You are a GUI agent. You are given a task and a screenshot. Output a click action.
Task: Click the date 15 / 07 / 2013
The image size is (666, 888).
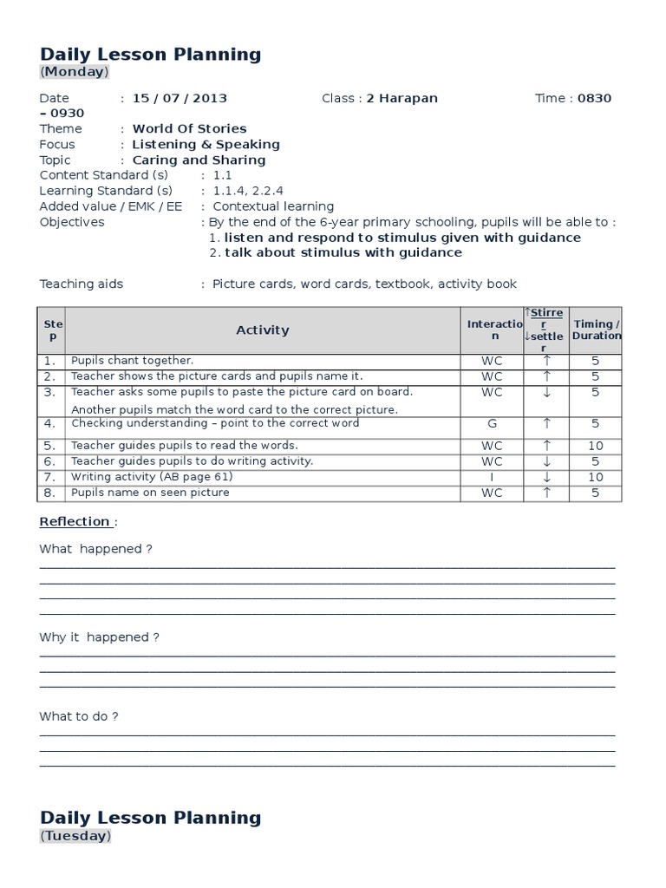180,98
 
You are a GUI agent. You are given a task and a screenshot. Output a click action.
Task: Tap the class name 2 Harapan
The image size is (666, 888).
402,98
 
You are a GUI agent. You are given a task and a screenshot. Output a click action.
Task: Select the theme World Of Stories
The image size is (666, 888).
189,128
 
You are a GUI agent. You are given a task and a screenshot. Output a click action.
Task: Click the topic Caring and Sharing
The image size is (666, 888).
199,160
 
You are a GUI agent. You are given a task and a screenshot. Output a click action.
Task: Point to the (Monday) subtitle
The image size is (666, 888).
75,72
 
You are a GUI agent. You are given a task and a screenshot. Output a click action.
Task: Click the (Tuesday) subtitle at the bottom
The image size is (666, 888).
75,836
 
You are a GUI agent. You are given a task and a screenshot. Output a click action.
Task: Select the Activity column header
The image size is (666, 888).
263,330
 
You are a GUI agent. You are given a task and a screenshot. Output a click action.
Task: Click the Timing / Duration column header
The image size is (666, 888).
597,330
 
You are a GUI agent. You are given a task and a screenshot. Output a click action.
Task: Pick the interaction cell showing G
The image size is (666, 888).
492,424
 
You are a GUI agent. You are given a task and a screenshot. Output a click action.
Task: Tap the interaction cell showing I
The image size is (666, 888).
492,477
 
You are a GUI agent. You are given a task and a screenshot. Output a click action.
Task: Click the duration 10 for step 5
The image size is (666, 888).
596,446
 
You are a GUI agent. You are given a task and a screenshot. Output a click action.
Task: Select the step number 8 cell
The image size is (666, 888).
50,493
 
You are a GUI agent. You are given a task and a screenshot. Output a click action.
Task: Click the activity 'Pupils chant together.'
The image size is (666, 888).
133,360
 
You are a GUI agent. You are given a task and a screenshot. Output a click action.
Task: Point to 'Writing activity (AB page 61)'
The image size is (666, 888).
152,477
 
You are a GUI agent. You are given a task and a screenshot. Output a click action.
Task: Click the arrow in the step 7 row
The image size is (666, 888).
546,477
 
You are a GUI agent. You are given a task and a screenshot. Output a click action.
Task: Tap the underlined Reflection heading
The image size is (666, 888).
75,521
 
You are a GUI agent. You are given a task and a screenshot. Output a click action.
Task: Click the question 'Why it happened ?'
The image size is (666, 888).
100,637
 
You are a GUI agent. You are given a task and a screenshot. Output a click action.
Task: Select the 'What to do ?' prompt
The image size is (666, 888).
79,716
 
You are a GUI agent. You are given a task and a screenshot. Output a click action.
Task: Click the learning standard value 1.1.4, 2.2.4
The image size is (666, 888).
247,191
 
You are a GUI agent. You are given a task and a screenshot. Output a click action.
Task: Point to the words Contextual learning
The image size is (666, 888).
273,206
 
